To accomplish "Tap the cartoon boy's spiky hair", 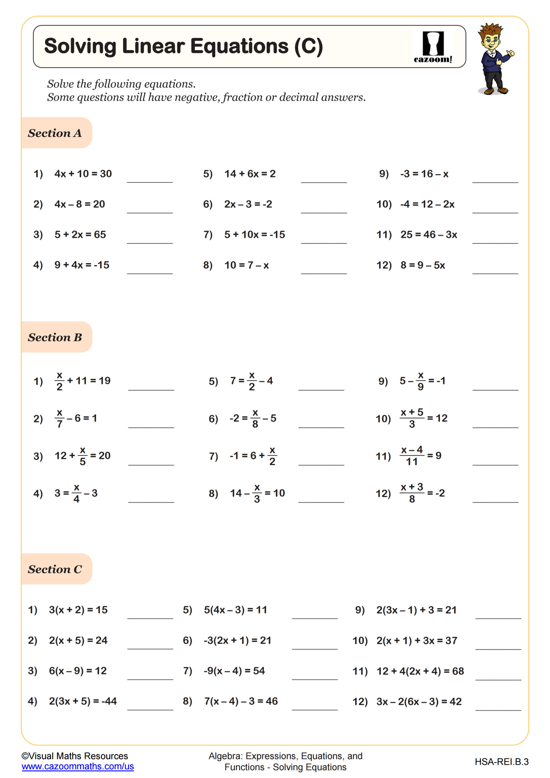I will pos(490,30).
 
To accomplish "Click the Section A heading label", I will pos(55,133).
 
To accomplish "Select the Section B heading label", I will pos(55,338).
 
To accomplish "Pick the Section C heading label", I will pos(55,569).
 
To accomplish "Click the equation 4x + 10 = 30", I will pos(83,174).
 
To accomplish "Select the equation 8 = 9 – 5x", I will pos(423,265).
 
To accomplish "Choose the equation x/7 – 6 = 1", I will pos(76,418).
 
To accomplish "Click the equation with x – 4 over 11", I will pos(421,456).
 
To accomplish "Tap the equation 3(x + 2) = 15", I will pos(78,610).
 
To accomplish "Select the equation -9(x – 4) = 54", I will pos(234,671).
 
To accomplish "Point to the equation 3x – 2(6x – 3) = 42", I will pos(419,701).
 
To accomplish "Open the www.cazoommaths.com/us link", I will pos(77,766).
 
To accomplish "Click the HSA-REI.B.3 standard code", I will pos(502,762).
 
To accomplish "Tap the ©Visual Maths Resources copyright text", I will pos(75,756).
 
